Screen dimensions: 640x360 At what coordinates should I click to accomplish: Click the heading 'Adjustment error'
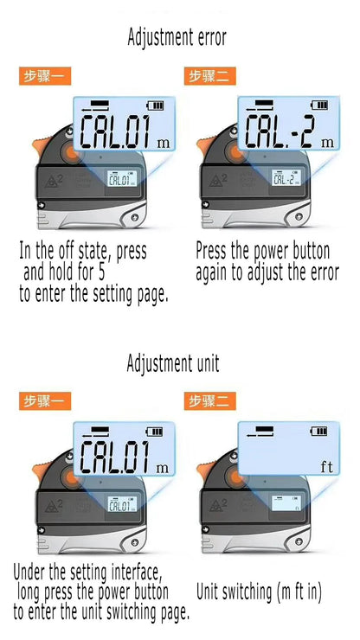point(177,37)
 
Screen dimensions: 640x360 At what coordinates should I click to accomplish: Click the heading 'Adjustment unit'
point(173,362)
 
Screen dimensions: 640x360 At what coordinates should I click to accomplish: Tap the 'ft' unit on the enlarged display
point(326,467)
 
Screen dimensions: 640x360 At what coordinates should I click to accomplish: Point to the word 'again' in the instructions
point(216,272)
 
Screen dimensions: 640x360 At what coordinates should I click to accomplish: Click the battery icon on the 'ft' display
point(319,432)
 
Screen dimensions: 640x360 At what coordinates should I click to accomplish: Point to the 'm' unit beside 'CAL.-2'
point(326,142)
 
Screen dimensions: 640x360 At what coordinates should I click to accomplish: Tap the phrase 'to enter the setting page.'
point(93,294)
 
